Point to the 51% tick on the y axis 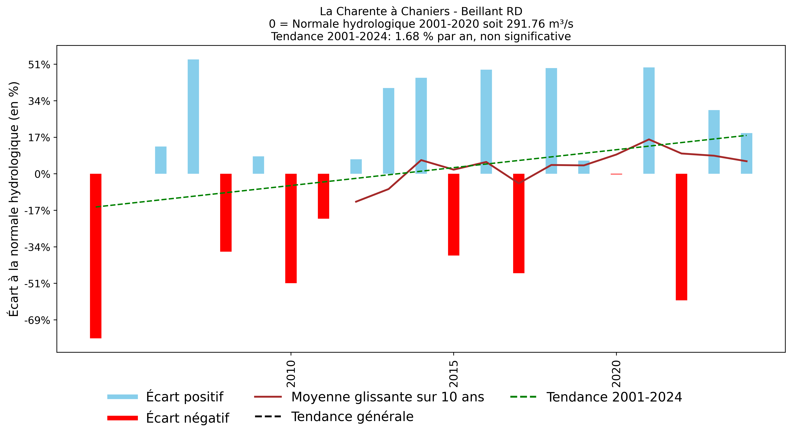[x=39, y=65]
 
